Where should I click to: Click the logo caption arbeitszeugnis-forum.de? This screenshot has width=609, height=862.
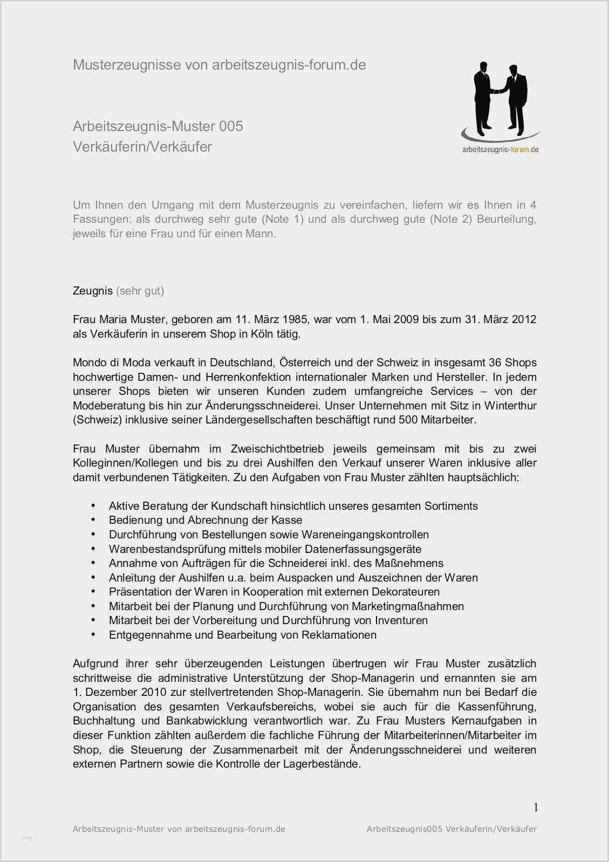coord(500,149)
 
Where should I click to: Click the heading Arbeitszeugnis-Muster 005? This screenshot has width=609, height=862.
coord(158,126)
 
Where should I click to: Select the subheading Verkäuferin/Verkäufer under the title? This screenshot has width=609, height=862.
coord(142,147)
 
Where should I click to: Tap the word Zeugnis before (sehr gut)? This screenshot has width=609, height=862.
coord(92,291)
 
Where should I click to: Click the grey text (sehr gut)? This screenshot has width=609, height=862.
coord(140,291)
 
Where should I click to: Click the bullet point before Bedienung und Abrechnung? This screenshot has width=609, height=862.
coord(93,520)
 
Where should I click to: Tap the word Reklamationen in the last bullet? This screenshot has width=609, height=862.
coord(338,635)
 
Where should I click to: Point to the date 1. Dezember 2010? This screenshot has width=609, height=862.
coord(120,692)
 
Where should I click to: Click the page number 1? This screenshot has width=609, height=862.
coord(535,807)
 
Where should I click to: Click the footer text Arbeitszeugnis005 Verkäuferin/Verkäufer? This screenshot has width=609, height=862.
coord(451,829)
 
